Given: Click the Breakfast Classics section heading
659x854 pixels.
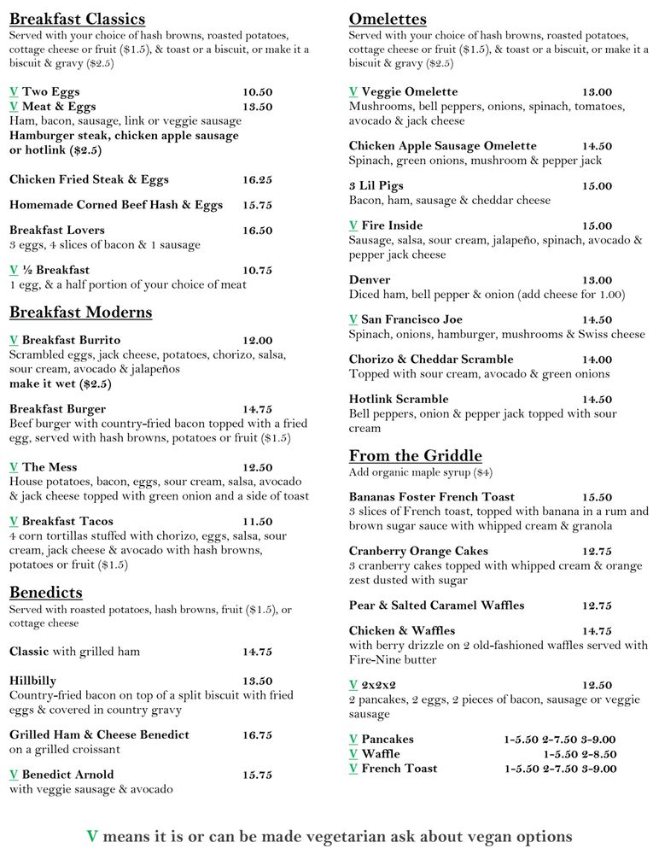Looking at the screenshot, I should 77,19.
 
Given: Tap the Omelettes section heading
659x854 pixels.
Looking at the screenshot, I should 388,19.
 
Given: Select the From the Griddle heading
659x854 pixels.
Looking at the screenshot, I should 415,455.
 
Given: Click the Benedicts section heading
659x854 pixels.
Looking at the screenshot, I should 46,592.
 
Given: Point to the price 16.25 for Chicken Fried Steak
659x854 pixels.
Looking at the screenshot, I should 257,179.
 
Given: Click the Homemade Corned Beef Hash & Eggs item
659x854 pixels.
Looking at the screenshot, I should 116,205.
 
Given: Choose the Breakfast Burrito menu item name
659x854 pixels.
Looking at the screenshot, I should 71,340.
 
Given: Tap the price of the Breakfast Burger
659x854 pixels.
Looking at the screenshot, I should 257,409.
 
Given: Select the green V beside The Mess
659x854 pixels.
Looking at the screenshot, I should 14,467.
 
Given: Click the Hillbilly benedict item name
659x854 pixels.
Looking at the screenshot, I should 33,681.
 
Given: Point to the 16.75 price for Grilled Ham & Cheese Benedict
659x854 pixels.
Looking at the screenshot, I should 257,734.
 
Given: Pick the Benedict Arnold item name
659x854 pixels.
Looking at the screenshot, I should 67,775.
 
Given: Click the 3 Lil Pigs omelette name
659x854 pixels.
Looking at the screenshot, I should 376,185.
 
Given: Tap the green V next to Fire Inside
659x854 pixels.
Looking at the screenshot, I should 353,225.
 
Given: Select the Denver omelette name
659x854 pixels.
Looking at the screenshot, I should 370,279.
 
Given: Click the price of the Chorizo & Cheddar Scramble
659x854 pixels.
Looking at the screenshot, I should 597,360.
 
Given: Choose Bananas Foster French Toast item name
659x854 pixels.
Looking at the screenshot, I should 432,496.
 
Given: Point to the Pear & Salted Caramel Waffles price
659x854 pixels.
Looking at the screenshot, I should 597,605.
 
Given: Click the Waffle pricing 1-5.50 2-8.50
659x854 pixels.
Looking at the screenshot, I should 580,754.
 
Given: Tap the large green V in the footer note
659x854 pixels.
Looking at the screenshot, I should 92,836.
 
